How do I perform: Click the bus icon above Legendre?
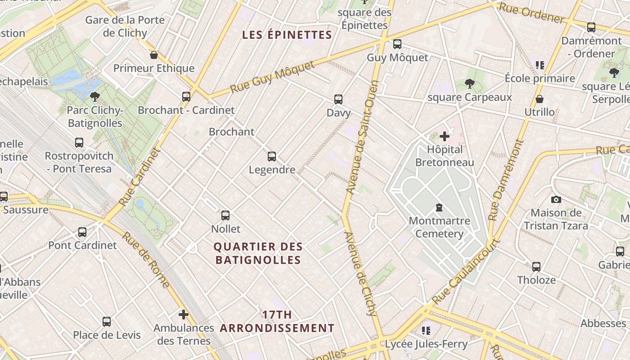(272, 157)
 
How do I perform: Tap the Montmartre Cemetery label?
(439, 227)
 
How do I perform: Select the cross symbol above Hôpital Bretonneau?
(445, 136)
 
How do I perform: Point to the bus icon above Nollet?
(225, 216)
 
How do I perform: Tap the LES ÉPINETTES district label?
(287, 35)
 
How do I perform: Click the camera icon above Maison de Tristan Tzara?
(556, 199)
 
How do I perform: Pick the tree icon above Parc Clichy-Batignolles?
(94, 96)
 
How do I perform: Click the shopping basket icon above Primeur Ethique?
(154, 55)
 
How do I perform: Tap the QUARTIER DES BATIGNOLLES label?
(258, 253)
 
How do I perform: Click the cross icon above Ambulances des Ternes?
(183, 314)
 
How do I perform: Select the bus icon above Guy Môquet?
(397, 44)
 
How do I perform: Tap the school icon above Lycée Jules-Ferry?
(426, 331)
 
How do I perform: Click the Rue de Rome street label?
(146, 260)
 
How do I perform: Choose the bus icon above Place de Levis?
(107, 322)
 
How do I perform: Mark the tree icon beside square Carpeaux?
(469, 83)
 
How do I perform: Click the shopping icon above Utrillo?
(539, 99)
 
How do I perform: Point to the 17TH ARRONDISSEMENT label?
(277, 321)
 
